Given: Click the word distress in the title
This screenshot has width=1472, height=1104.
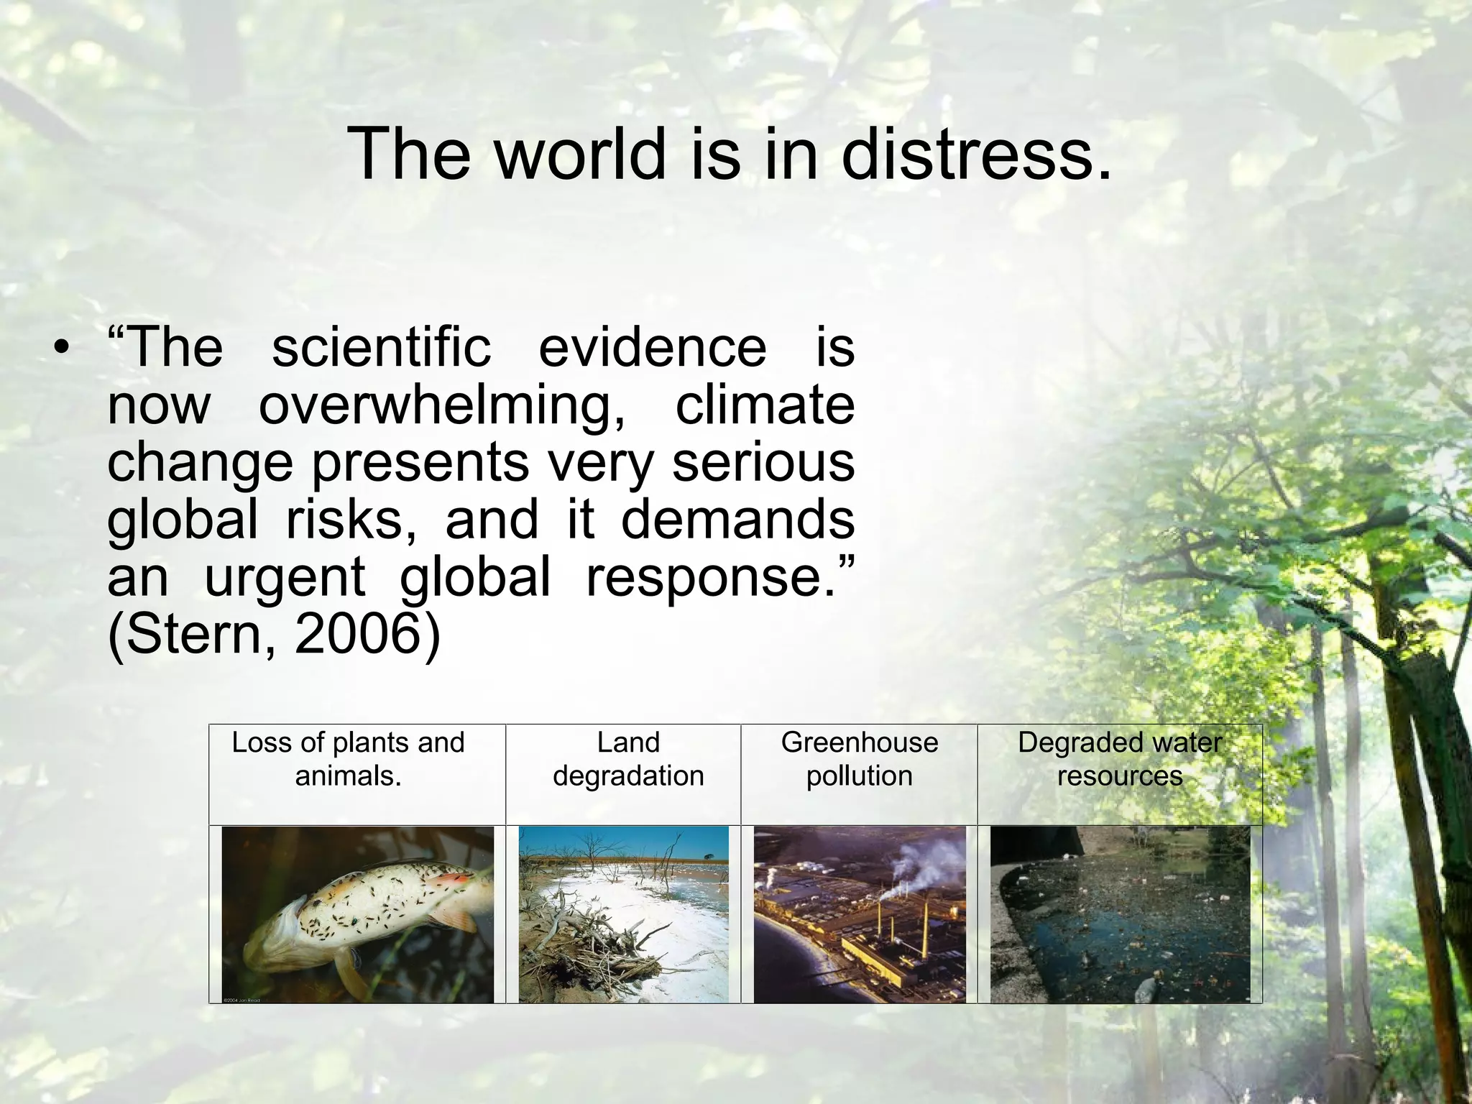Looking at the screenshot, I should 975,154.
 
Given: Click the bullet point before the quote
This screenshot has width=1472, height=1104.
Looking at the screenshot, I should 63,349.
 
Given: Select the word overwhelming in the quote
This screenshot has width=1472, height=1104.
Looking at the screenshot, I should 441,406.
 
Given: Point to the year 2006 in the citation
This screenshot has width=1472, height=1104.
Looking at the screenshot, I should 356,634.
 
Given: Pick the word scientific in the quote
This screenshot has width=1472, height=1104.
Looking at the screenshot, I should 381,349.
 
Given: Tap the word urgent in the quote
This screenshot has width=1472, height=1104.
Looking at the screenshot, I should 285,578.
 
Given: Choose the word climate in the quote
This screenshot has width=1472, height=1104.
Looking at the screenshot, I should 765,406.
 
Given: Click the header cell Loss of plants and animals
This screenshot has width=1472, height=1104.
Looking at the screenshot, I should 349,759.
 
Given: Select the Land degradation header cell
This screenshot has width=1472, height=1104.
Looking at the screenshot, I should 628,759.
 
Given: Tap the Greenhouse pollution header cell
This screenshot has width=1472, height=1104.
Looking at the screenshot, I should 860,759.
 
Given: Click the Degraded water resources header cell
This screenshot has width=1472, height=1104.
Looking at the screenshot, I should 1120,759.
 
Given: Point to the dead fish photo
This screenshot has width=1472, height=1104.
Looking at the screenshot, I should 358,914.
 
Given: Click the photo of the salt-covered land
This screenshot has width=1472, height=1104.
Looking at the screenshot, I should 624,914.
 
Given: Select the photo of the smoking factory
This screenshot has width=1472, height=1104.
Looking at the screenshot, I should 860,914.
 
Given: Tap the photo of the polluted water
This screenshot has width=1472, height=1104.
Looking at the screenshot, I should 1120,914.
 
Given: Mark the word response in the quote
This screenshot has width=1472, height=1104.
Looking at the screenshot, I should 712,578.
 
